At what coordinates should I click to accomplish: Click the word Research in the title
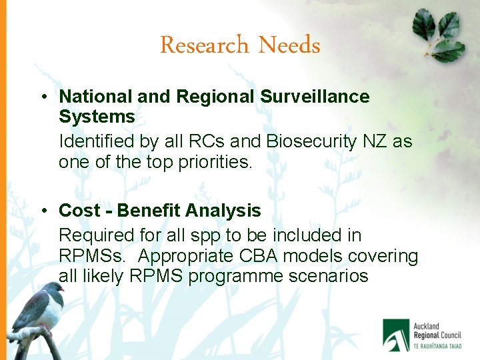pyautogui.click(x=204, y=45)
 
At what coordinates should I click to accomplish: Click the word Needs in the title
pyautogui.click(x=289, y=45)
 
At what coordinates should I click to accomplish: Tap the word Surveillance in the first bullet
pyautogui.click(x=315, y=97)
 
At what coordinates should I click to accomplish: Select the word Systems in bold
pyautogui.click(x=97, y=117)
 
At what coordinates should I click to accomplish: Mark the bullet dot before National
pyautogui.click(x=43, y=97)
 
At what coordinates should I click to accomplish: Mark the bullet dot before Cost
pyautogui.click(x=43, y=211)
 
